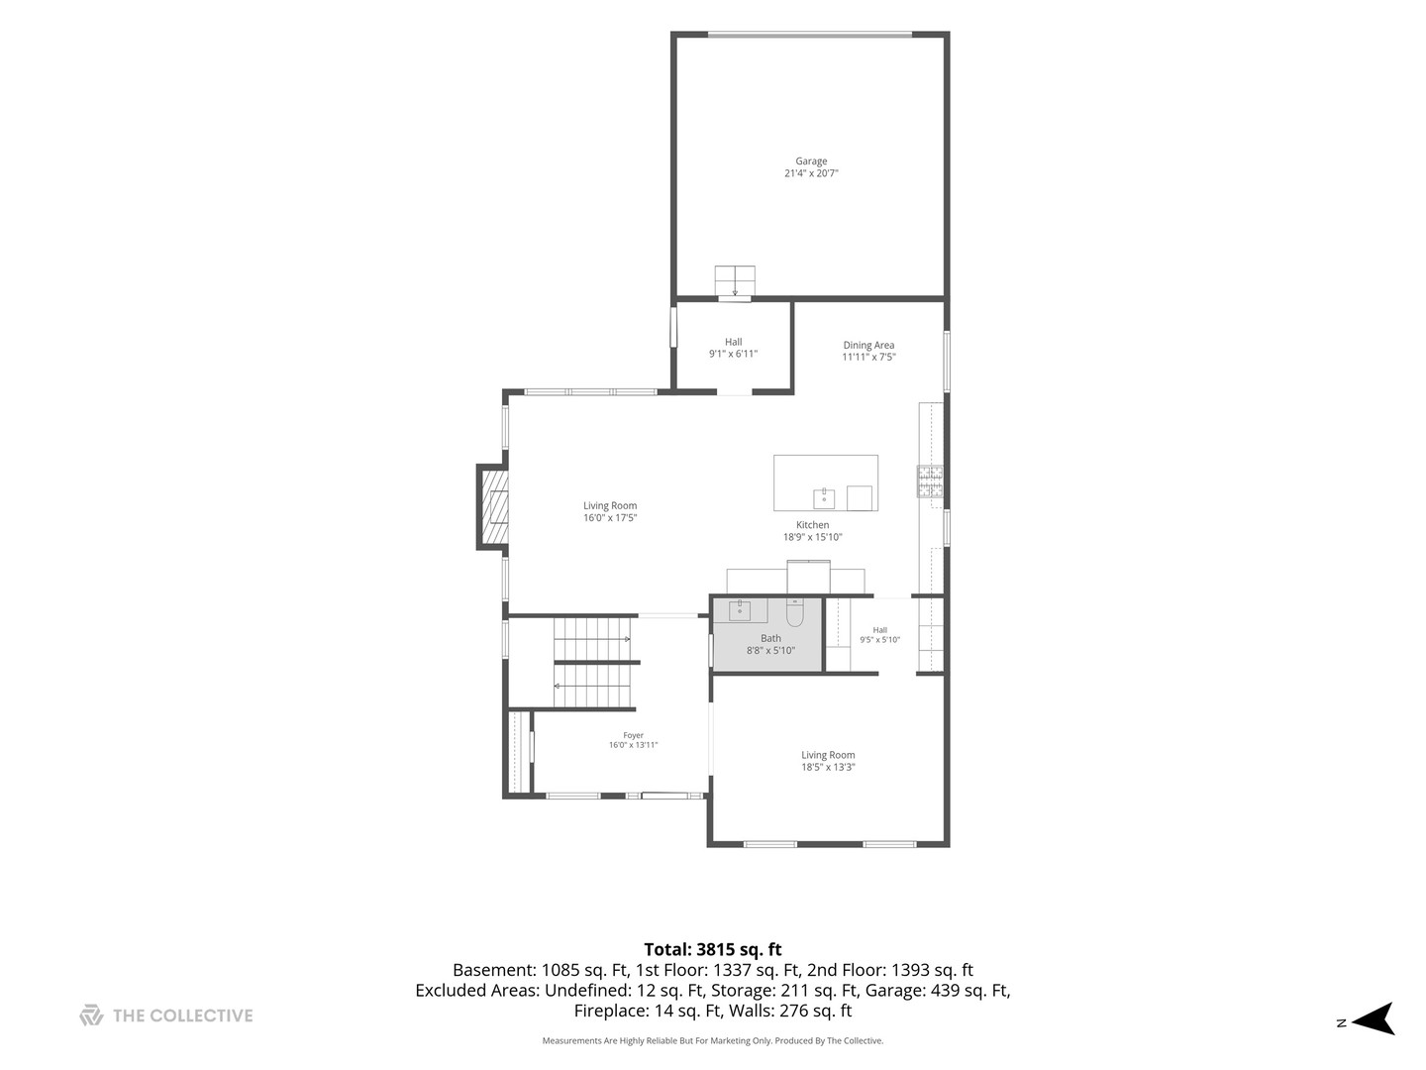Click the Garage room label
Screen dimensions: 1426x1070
pos(811,161)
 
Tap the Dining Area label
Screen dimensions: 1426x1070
pos(868,345)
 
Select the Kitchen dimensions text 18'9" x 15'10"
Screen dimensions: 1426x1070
pos(812,537)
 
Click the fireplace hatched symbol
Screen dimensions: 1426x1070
pos(493,506)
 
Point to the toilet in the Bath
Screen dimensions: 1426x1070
pos(794,611)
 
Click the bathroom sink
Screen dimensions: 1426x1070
pos(740,610)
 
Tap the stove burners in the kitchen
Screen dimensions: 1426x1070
pos(930,481)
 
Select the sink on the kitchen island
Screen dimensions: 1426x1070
pos(824,498)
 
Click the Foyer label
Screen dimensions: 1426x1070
pos(633,735)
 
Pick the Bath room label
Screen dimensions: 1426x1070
pos(770,639)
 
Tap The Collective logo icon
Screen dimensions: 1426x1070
pos(91,1016)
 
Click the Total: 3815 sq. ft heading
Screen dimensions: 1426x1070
pos(713,949)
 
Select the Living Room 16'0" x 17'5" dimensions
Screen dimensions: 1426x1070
pos(609,518)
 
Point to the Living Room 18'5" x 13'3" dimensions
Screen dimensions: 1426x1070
pos(828,767)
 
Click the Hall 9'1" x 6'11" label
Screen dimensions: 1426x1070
pos(733,348)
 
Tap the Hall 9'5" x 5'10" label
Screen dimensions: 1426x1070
pos(879,635)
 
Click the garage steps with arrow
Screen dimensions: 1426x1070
pos(735,281)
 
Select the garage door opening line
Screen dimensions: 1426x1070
pos(810,35)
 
